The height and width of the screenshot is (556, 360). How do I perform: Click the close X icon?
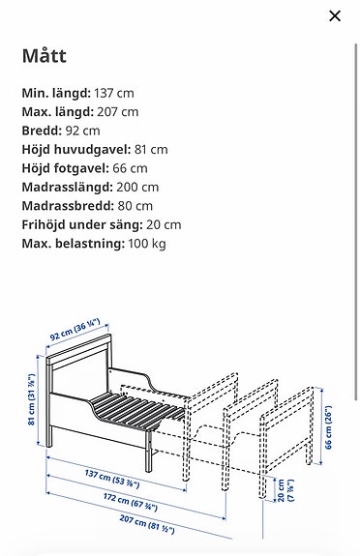pos(335,16)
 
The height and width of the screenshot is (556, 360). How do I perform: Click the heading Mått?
pos(45,56)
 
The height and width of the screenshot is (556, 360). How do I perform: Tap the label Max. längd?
pos(56,112)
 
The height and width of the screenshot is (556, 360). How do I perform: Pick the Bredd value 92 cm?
pos(82,131)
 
